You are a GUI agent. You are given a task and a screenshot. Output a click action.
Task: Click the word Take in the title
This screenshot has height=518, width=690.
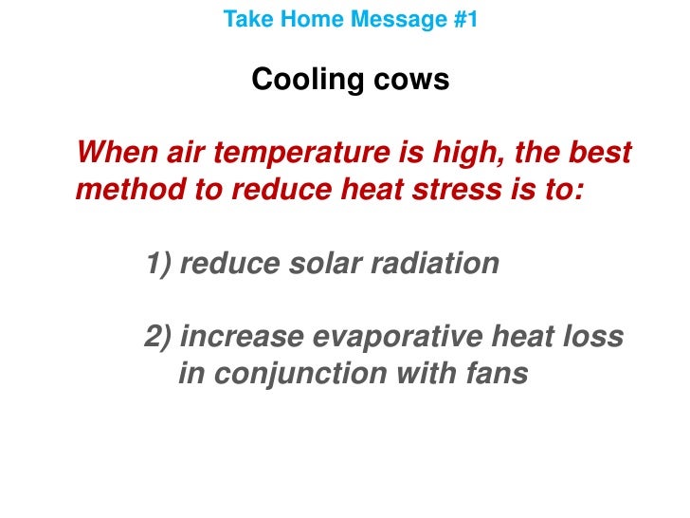coord(243,18)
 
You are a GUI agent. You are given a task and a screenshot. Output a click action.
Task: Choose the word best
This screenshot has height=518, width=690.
coord(596,153)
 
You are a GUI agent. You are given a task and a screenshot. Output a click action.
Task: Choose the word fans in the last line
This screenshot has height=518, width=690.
coord(493,373)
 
